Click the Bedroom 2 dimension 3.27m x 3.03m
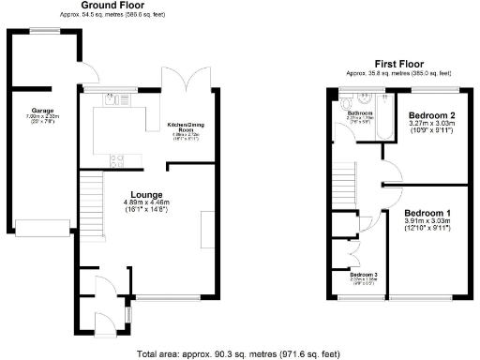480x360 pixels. (430, 122)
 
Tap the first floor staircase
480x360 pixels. (348, 178)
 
